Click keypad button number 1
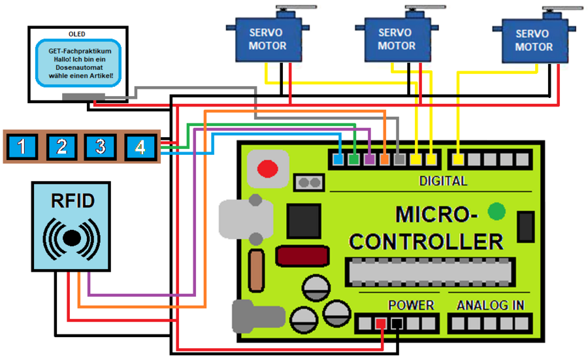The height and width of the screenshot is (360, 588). [22, 146]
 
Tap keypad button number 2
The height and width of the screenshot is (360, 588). [61, 146]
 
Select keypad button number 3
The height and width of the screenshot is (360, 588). [100, 146]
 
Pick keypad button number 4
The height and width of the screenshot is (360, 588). [140, 146]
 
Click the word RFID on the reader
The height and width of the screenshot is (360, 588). [71, 201]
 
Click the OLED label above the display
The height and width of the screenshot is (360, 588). [76, 33]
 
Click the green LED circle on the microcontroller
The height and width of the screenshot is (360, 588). [497, 211]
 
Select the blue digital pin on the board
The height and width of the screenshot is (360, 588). [338, 158]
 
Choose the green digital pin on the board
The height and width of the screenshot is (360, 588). [353, 158]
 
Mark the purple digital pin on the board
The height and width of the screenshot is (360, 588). [369, 158]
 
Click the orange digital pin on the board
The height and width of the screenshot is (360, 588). [385, 158]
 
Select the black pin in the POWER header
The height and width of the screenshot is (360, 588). [397, 323]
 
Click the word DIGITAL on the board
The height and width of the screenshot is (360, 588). [443, 181]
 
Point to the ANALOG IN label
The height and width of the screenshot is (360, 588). [490, 305]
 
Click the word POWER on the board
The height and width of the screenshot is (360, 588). [411, 305]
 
